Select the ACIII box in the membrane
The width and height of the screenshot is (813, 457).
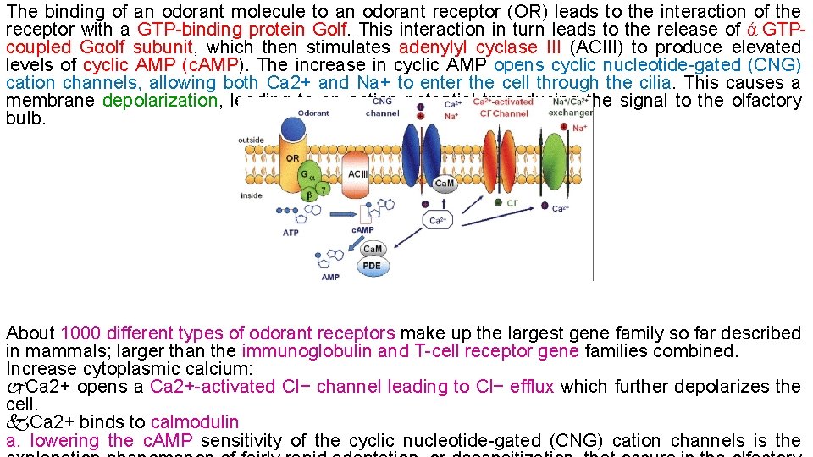pos(358,174)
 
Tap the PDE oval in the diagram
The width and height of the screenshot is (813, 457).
pos(372,265)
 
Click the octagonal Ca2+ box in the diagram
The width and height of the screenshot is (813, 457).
pos(439,221)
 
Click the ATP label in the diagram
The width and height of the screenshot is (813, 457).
pos(290,233)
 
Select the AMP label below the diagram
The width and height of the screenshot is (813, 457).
pos(330,277)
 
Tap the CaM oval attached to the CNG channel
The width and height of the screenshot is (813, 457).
pos(444,183)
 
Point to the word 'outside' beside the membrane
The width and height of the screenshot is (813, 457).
pos(252,140)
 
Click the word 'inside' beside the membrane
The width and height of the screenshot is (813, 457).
pos(252,195)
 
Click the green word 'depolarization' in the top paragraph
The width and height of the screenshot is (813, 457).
pos(159,101)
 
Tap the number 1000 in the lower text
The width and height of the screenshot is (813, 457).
pos(80,333)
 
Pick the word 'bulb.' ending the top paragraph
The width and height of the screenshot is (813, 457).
pos(25,118)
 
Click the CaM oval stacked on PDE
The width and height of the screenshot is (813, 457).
pos(372,249)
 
